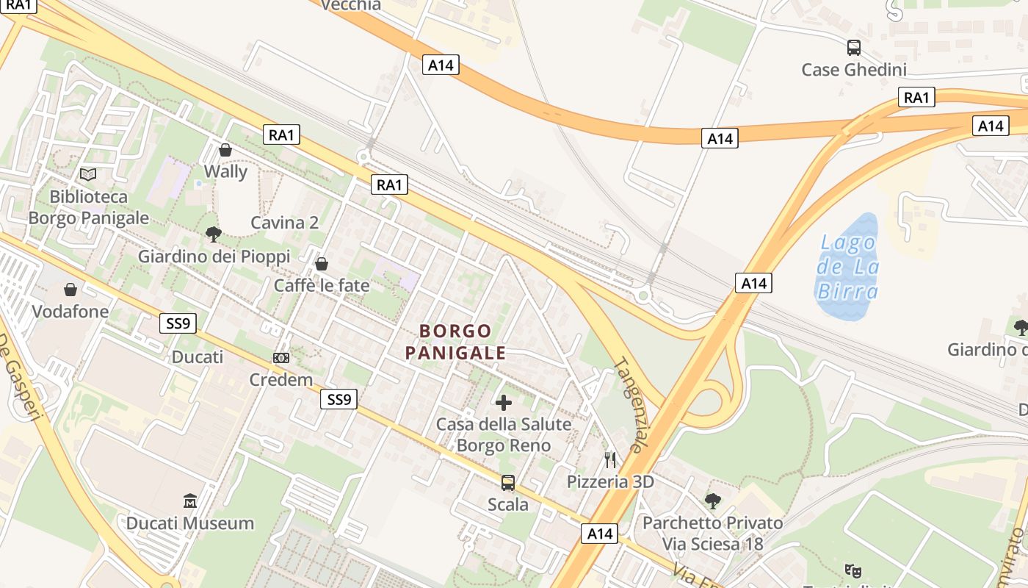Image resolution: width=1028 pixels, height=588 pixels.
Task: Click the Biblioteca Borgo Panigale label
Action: coord(88,207)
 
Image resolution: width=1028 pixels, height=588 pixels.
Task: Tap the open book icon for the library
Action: coord(88,174)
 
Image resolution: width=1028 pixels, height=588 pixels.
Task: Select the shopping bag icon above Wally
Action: coord(225,150)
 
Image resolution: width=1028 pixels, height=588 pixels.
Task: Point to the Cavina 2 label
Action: coord(285,223)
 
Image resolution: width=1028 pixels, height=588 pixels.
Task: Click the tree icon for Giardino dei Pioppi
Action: coord(214,234)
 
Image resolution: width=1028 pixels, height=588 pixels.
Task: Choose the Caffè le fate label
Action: coord(322,285)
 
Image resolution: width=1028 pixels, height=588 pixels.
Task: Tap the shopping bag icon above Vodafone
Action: coord(70,290)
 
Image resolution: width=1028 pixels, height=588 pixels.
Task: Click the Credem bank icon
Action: coord(280,358)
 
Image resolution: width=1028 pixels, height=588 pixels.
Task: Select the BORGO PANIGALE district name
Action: coord(456,342)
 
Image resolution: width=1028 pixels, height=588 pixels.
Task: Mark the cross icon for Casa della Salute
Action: coord(504,402)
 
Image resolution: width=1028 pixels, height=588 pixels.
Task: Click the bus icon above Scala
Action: coord(508,483)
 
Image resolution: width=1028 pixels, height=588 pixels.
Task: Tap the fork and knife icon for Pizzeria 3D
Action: coord(610,460)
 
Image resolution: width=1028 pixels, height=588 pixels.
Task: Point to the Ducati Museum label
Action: coord(190,523)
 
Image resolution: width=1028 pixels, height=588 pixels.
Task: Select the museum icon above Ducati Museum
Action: coord(190,501)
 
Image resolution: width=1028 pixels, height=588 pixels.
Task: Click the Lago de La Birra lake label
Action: coord(848,267)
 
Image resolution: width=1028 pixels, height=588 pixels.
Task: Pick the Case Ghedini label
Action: coord(854,70)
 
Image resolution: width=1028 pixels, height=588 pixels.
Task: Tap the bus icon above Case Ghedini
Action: coord(854,48)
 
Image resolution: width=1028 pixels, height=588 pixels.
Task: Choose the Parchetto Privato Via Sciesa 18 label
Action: coord(712,534)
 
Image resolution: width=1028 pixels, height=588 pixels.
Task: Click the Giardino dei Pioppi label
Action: coord(214,257)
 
